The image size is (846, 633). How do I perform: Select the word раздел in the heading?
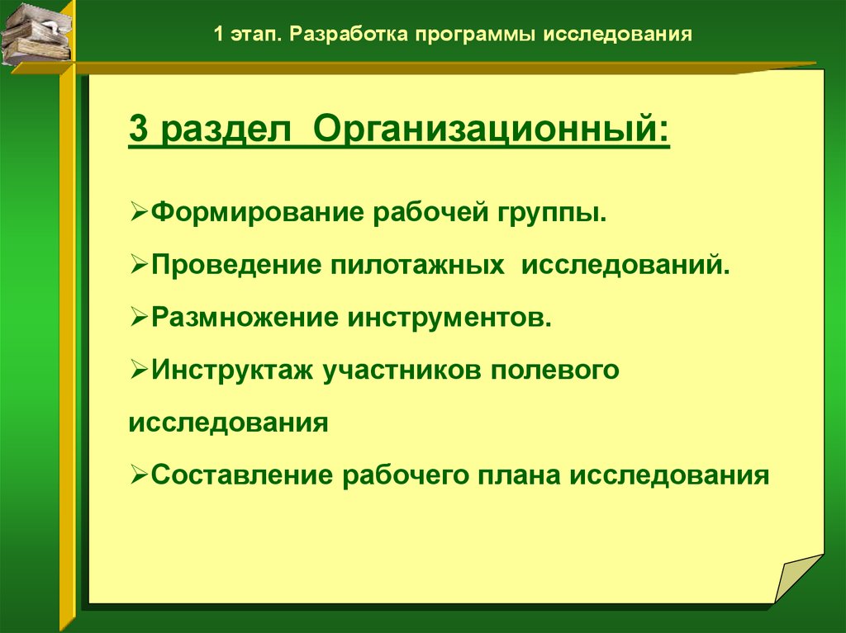tap(226, 130)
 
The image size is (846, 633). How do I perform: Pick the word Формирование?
tap(257, 212)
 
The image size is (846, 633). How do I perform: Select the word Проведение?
tap(236, 265)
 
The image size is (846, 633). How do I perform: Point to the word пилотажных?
tap(417, 265)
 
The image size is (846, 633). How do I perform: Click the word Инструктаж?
tap(232, 370)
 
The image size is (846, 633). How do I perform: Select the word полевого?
tap(554, 370)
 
